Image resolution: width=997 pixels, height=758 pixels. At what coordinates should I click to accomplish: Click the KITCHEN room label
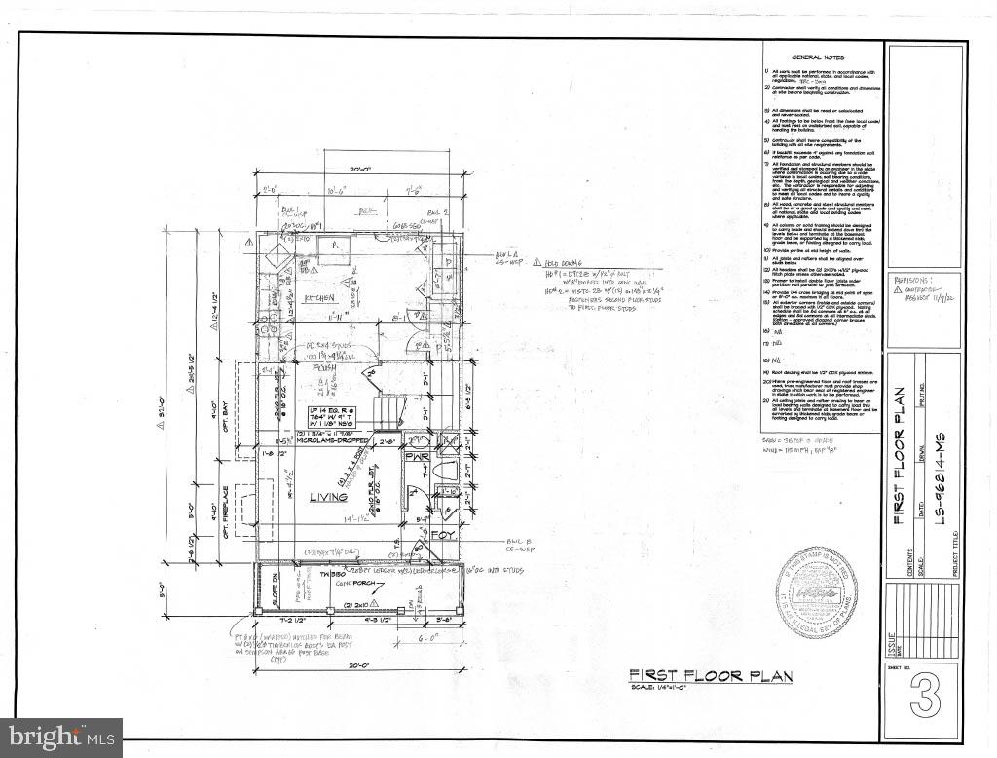click(x=318, y=297)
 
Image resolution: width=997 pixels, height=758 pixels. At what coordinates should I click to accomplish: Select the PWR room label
click(x=418, y=456)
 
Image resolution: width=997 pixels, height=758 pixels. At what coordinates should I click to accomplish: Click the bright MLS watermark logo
click(x=61, y=738)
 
